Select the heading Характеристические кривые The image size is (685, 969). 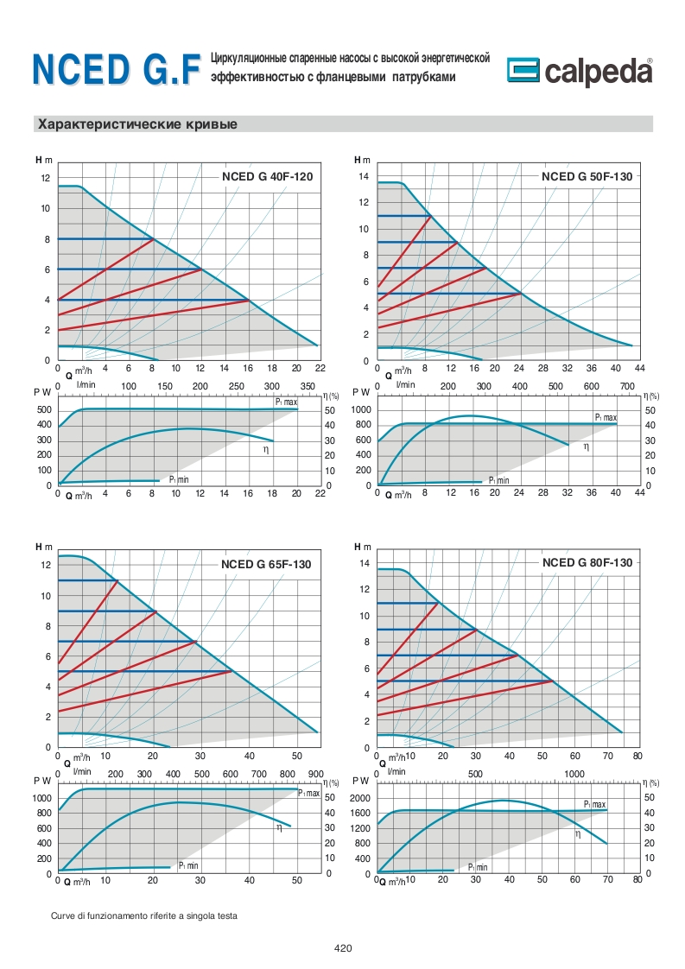136,124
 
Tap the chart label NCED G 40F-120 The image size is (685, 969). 267,176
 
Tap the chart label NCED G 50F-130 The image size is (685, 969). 587,176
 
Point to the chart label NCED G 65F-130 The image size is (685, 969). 266,564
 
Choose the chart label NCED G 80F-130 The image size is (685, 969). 587,562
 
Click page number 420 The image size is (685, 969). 343,948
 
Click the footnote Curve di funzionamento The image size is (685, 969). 143,915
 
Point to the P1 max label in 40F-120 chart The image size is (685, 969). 286,402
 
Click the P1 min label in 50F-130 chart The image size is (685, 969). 498,480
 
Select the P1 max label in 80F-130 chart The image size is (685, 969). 594,803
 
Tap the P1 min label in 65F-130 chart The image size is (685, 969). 188,864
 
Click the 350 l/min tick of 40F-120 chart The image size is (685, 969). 308,385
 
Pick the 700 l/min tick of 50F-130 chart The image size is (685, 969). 627,385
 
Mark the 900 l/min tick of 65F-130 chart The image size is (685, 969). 315,773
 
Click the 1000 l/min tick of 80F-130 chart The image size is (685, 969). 574,773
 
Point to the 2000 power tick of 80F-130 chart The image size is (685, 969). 362,798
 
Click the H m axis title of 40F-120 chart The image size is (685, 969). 44,160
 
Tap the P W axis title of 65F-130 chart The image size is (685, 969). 42,780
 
